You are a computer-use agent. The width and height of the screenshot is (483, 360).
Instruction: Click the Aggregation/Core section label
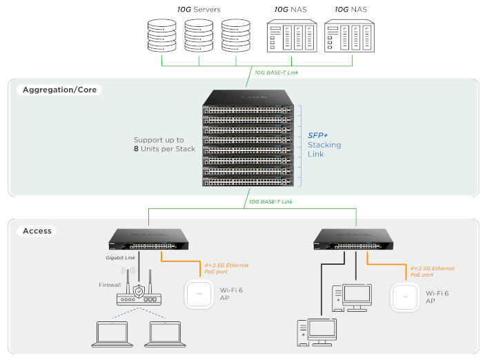pos(59,90)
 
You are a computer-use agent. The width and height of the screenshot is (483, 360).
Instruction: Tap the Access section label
pos(37,231)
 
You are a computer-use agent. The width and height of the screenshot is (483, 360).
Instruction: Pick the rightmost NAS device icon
pos(351,35)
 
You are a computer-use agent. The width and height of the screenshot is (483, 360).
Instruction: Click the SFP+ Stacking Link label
pos(324,145)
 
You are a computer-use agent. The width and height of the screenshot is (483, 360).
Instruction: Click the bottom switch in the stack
pos(248,181)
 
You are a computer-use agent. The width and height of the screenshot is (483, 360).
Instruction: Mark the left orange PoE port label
pos(226,269)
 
